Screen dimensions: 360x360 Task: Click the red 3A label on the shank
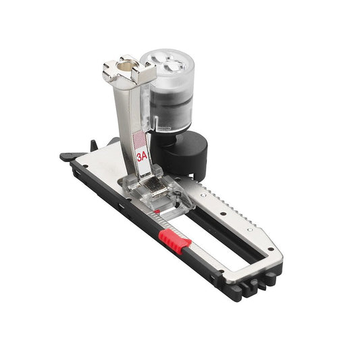pyautogui.click(x=142, y=155)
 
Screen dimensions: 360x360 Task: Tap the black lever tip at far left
pyautogui.click(x=66, y=157)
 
